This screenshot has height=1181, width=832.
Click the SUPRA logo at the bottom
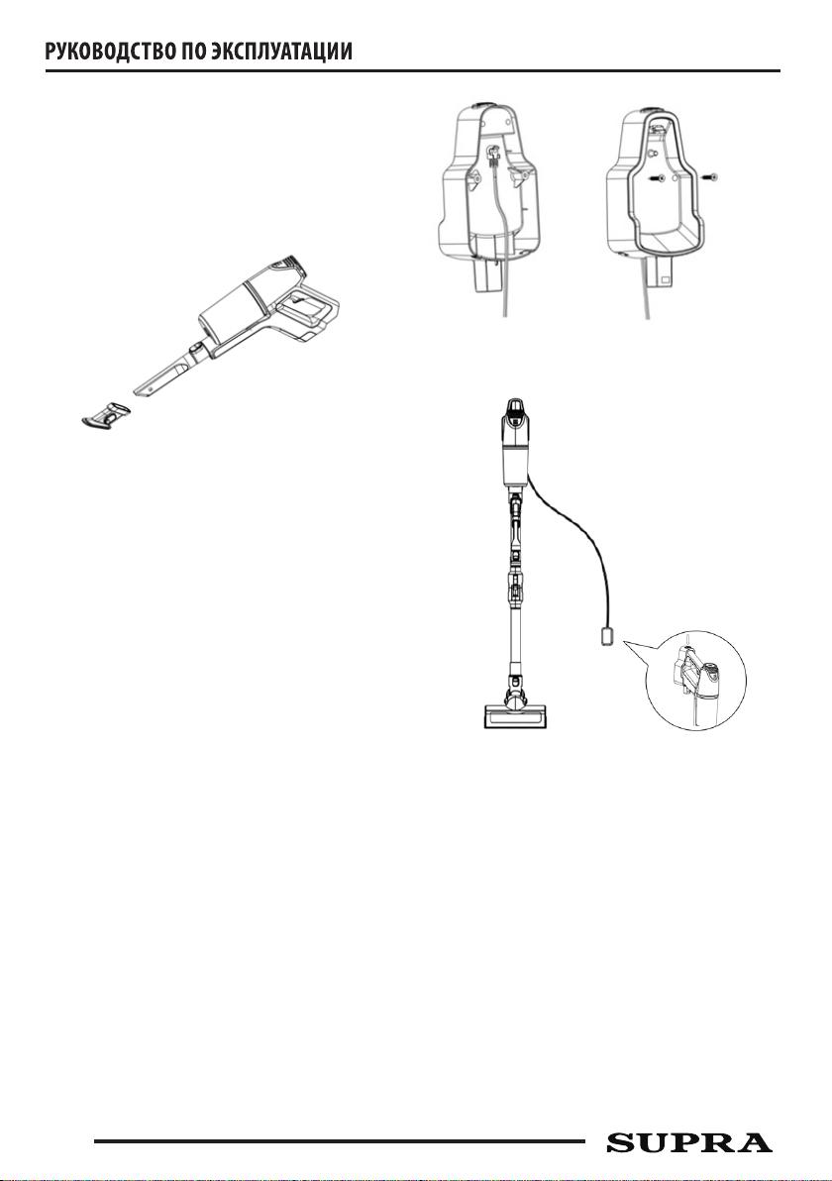pos(689,1142)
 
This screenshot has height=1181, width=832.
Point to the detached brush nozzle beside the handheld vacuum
pos(106,414)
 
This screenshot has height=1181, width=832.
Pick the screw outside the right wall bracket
pos(709,178)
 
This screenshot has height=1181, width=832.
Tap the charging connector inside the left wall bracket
pos(494,158)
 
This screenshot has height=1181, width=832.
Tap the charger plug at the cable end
pos(608,637)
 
